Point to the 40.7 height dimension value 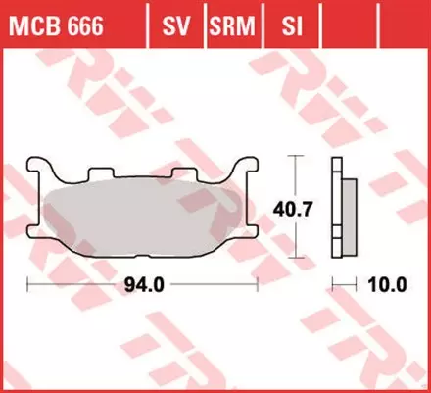290,207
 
